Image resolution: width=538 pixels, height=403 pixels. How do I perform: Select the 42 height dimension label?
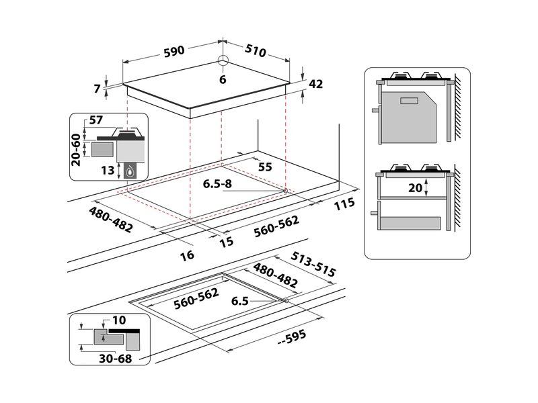(315, 84)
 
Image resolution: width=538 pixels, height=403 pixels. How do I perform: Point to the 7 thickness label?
(98, 88)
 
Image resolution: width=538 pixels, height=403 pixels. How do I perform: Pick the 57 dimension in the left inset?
(96, 121)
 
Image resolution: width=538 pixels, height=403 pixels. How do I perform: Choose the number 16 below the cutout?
(187, 255)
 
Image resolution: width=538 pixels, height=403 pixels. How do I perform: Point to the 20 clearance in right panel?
(416, 188)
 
